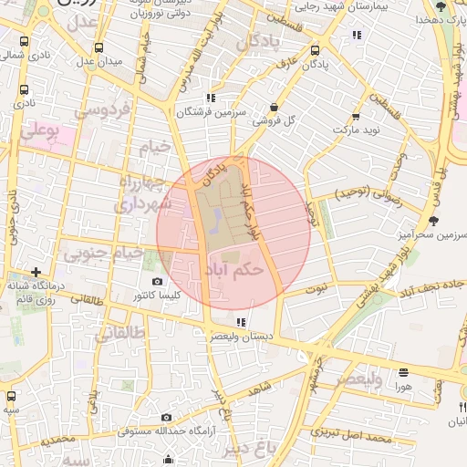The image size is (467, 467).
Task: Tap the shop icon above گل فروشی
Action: click(275, 107)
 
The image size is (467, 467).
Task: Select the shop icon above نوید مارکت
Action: click(352, 118)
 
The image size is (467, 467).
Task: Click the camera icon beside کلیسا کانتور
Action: click(158, 282)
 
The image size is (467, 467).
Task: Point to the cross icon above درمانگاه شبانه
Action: click(36, 272)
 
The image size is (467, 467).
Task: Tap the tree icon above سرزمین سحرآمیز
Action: click(433, 220)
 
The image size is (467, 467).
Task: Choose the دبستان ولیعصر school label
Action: click(240, 337)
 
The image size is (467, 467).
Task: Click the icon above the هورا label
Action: click(404, 372)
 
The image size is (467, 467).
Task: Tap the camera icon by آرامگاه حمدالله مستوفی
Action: click(167, 416)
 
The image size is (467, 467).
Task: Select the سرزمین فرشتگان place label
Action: click(212, 110)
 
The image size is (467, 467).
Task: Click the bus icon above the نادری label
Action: click(22, 90)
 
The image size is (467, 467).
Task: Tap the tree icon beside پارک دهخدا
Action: click(441, 6)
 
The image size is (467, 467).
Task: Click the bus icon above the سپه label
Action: click(11, 397)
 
